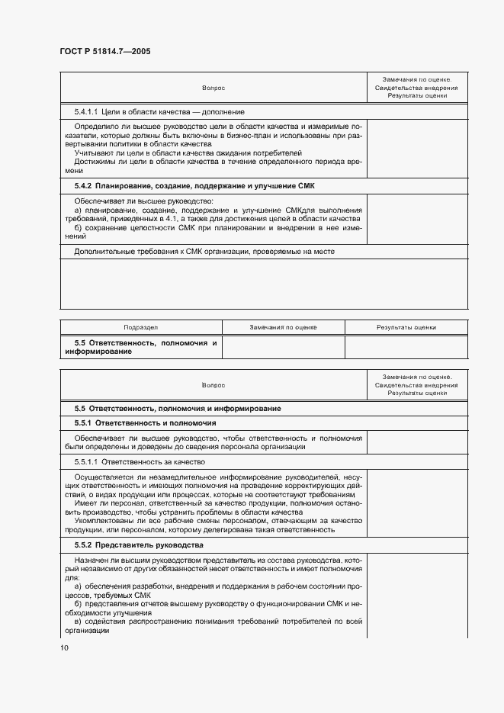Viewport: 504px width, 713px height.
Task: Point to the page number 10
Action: click(x=64, y=648)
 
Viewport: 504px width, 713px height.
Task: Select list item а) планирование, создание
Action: click(x=217, y=209)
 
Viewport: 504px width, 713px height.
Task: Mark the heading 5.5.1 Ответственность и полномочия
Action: click(x=145, y=422)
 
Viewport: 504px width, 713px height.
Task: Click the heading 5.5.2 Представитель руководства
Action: click(x=138, y=545)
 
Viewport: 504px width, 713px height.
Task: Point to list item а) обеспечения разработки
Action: click(x=217, y=586)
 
